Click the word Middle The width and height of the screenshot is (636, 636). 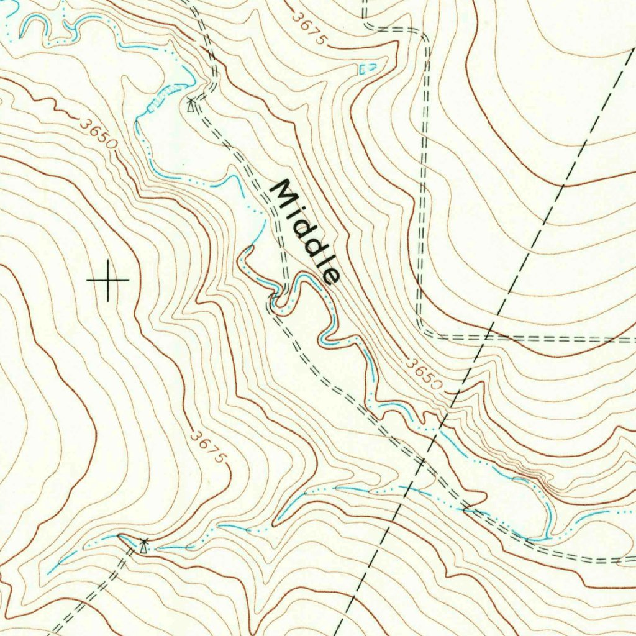click(308, 232)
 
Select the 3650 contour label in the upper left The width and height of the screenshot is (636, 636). click(98, 132)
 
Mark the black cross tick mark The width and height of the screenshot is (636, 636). click(108, 281)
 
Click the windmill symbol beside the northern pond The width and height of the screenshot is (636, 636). click(191, 104)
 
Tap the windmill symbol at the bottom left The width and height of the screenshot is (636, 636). click(144, 546)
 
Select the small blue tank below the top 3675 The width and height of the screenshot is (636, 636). click(367, 68)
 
